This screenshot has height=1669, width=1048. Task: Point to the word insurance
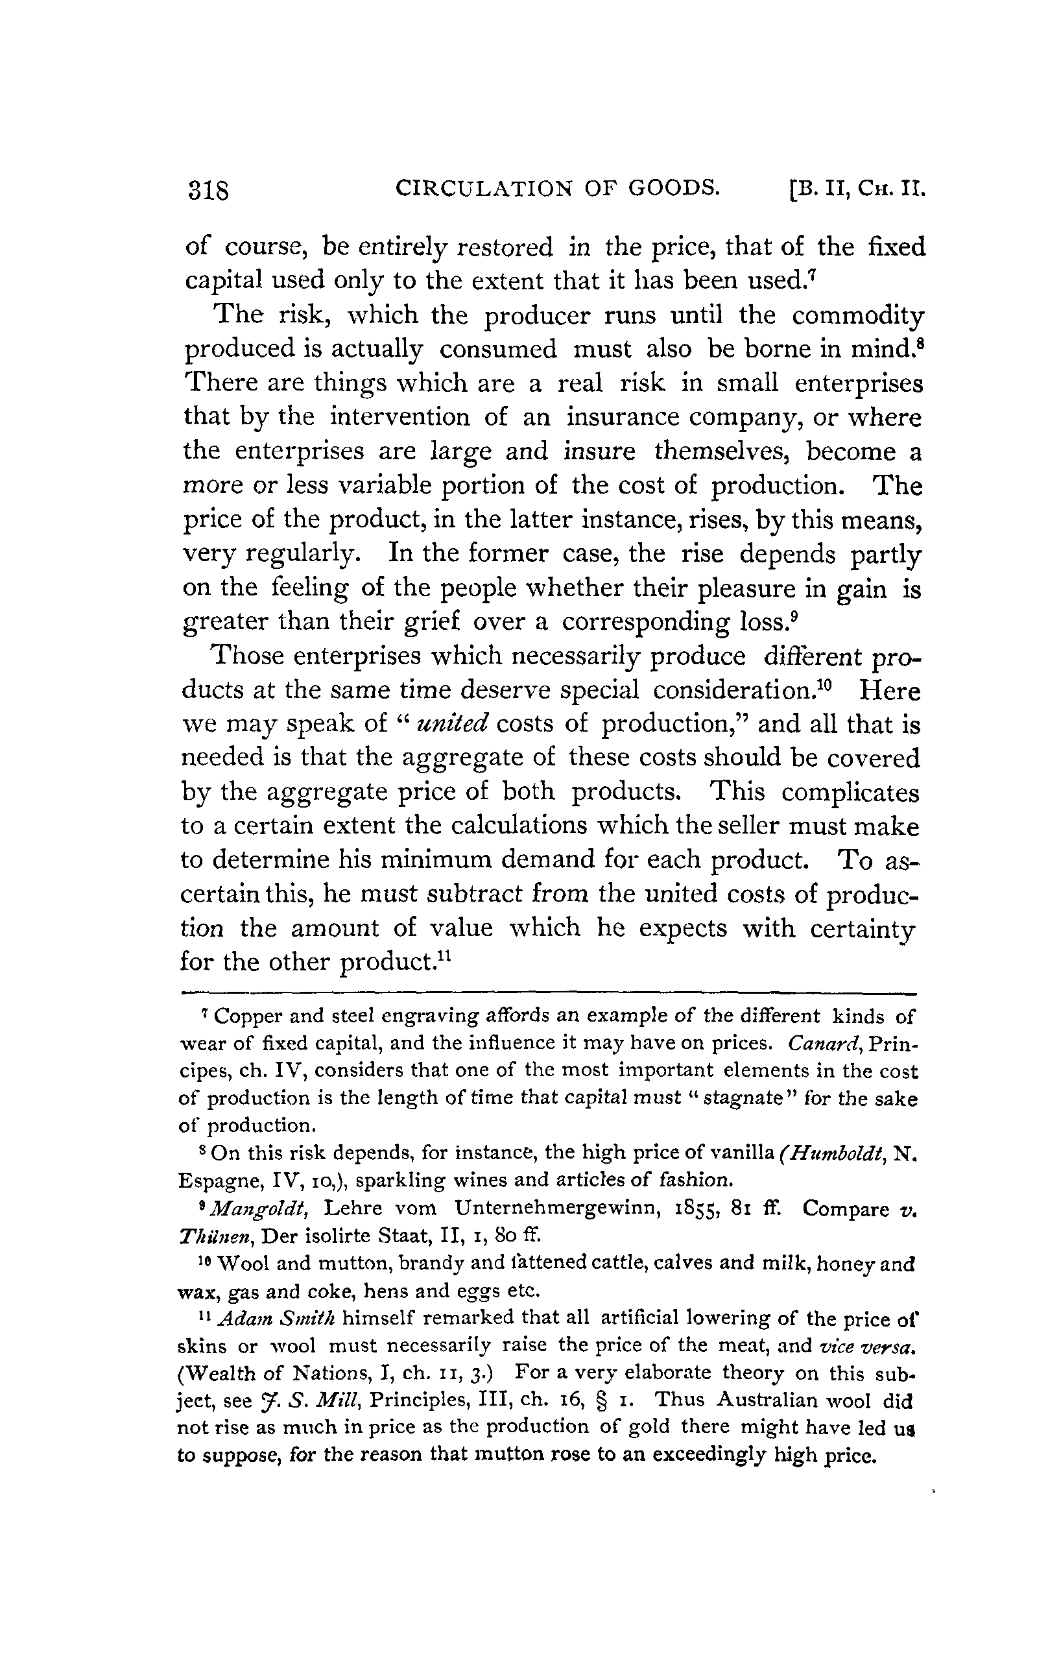click(x=627, y=418)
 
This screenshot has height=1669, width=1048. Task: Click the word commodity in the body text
click(x=858, y=316)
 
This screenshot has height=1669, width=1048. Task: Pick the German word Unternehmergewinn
click(x=568, y=1210)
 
